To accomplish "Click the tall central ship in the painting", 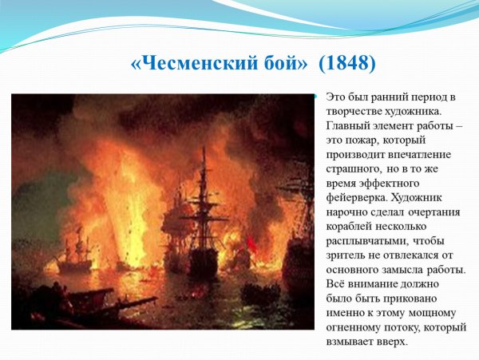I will [x=203, y=231].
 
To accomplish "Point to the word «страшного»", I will [x=354, y=169].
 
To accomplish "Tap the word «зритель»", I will [x=348, y=255].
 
